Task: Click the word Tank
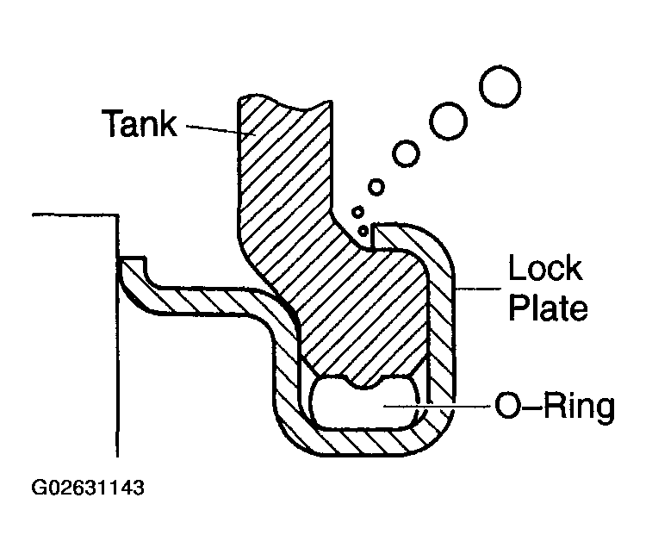pyautogui.click(x=140, y=123)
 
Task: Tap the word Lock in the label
pyautogui.click(x=545, y=268)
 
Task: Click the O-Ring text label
pyautogui.click(x=555, y=406)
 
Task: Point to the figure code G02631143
pyautogui.click(x=88, y=488)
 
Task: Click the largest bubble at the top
pyautogui.click(x=500, y=86)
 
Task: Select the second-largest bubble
pyautogui.click(x=448, y=121)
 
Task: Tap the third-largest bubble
pyautogui.click(x=406, y=153)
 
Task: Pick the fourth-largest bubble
pyautogui.click(x=376, y=187)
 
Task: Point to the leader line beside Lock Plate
pyautogui.click(x=478, y=289)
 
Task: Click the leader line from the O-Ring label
pyautogui.click(x=437, y=407)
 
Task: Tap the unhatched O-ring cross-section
pyautogui.click(x=363, y=406)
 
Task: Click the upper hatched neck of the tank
pyautogui.click(x=284, y=165)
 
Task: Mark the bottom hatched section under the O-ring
pyautogui.click(x=363, y=443)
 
